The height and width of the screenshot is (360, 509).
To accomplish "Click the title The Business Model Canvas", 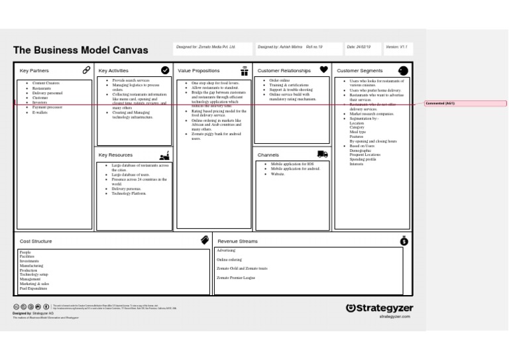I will pos(81,50).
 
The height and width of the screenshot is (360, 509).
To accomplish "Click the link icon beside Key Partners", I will pos(86,70).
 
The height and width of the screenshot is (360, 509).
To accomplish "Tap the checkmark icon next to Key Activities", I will pos(165,70).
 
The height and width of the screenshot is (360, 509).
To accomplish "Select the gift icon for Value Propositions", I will pos(245,70).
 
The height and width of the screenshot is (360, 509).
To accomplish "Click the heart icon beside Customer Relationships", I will pos(323,69).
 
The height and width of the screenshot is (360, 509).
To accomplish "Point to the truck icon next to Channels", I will pos(323,154).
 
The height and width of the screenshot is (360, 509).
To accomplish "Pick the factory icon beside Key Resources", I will pos(165,155).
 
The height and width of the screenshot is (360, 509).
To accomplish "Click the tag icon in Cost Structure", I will pos(205,241).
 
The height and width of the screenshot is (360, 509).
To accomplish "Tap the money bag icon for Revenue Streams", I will pos(404,241).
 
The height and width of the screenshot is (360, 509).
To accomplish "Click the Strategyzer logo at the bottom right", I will pos(379,308).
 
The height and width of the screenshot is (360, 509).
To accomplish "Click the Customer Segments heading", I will pos(359,70).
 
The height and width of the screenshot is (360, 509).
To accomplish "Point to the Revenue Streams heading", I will pos(237,241).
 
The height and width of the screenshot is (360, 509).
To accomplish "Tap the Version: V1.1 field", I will pos(395,47).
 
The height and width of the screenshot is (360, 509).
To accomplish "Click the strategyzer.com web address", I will pos(394,317).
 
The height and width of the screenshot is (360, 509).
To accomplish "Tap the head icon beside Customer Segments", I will pos(403,70).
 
